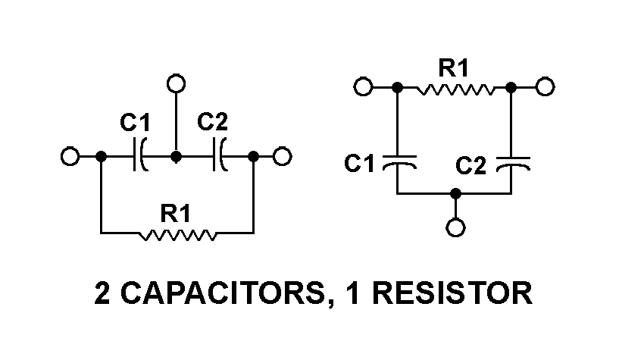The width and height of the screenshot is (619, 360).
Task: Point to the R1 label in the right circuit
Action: coord(454,69)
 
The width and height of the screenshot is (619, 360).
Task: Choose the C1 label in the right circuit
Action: coord(359,163)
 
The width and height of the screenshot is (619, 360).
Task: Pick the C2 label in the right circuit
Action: coord(471,164)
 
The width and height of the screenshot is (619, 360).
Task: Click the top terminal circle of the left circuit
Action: coord(176,83)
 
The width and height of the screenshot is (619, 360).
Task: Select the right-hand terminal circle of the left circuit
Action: coord(282,157)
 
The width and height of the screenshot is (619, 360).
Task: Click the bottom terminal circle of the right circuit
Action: coord(455,227)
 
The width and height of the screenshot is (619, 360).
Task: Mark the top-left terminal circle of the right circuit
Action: coord(363,88)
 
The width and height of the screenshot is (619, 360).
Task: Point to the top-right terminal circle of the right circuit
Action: coord(545,88)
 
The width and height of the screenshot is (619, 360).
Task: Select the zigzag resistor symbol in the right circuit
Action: coord(455,89)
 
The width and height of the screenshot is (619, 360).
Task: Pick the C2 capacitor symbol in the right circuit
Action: coord(512,162)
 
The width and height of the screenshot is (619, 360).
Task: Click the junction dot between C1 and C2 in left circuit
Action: coord(176,157)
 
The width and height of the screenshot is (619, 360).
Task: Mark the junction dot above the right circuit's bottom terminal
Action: coord(455,194)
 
